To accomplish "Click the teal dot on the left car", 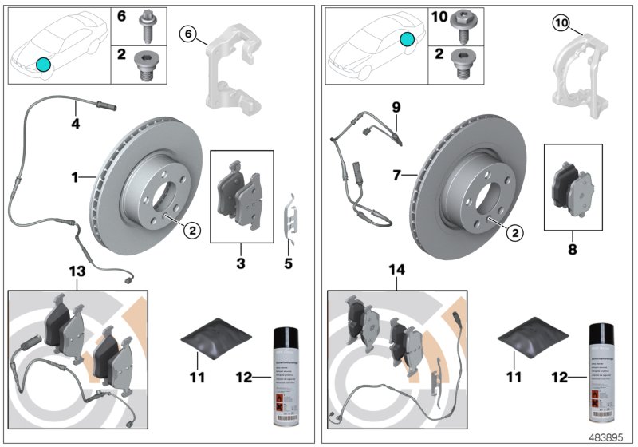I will (42, 63).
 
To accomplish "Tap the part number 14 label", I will (396, 272).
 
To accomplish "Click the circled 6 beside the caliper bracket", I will (189, 34).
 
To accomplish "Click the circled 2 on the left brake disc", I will (191, 230).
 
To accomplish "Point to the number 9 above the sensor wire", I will (396, 106).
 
